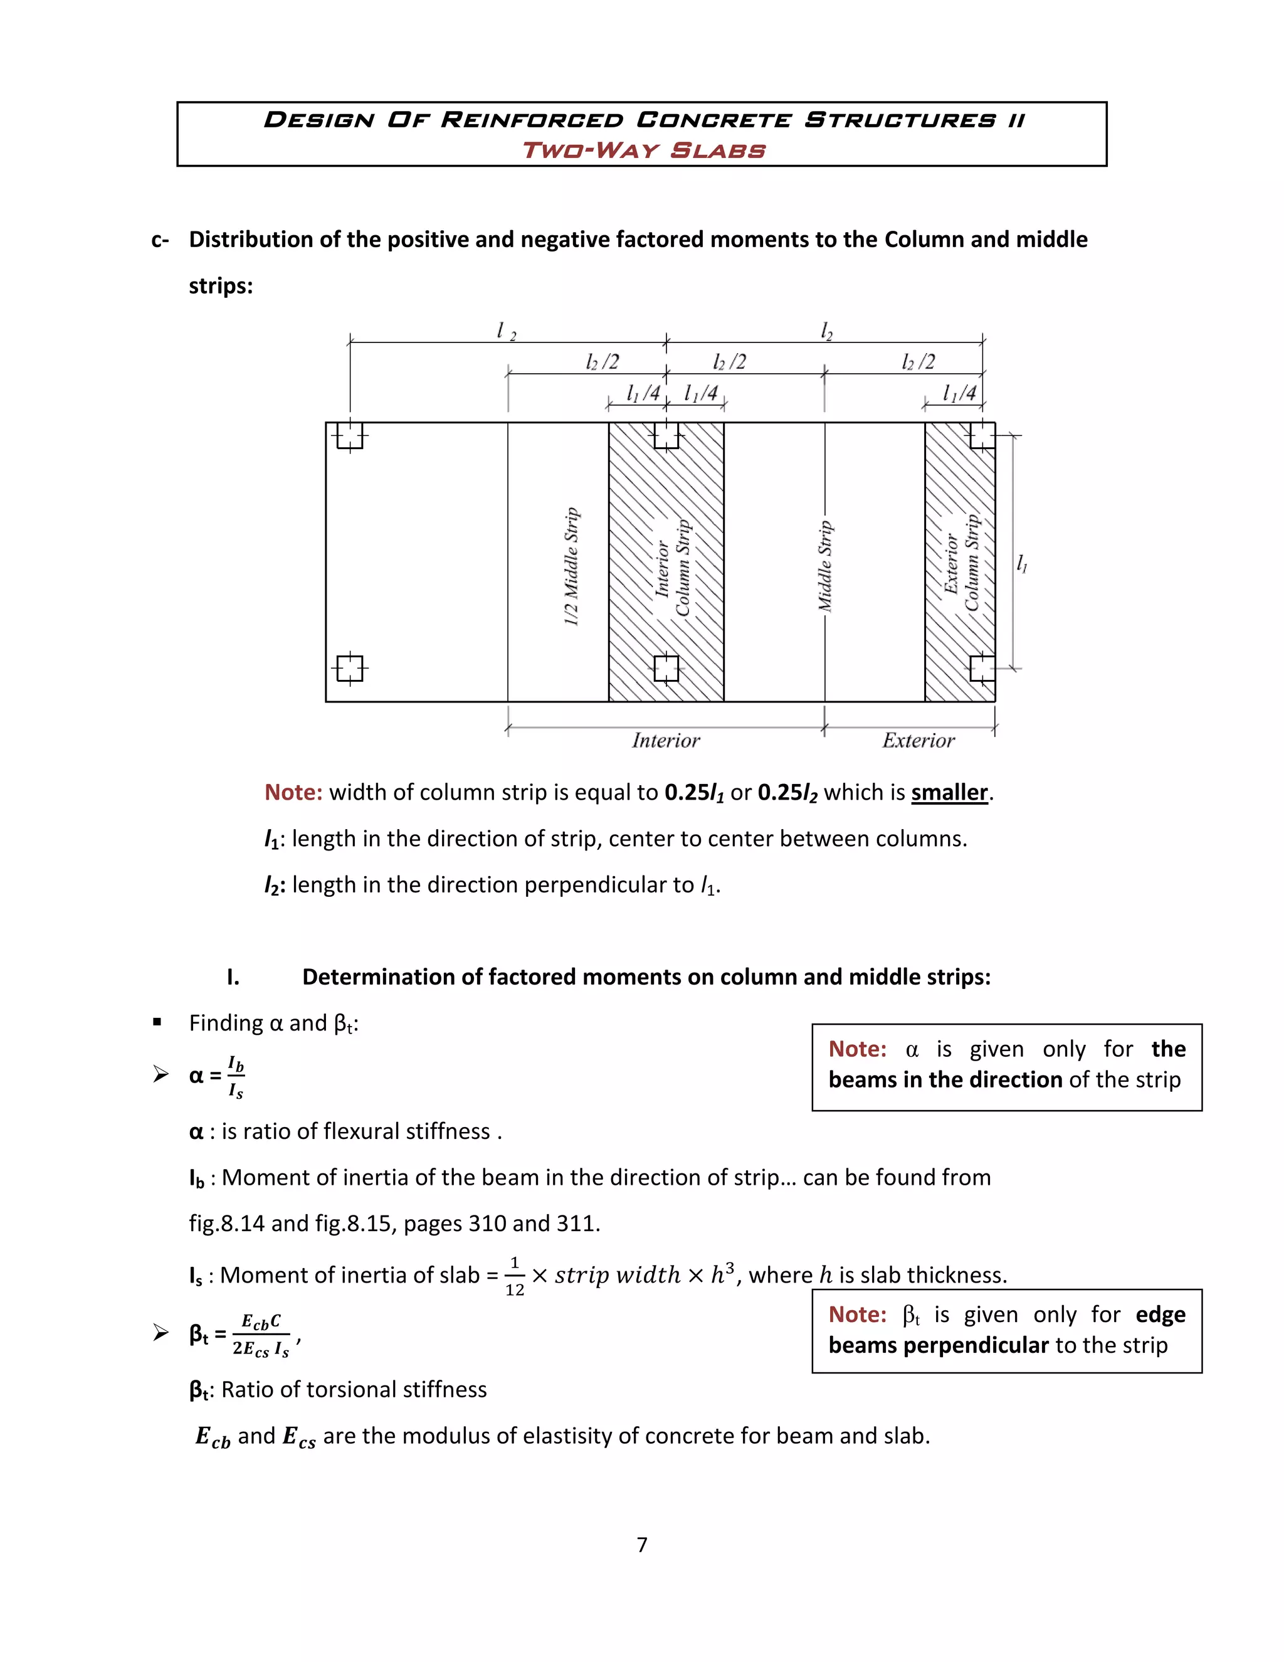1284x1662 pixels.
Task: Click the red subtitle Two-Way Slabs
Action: [x=643, y=150]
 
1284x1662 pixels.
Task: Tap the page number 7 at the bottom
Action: [x=642, y=1544]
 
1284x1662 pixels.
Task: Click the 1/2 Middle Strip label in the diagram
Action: [x=571, y=566]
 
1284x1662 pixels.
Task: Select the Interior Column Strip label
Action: [x=673, y=568]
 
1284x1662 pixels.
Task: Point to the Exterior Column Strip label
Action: [x=960, y=563]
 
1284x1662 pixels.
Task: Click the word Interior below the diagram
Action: [x=666, y=741]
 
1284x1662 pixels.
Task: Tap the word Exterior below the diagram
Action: [x=918, y=741]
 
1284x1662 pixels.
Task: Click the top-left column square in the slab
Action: [x=350, y=436]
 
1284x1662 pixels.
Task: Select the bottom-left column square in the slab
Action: [x=350, y=669]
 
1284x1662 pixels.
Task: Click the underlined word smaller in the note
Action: [x=949, y=792]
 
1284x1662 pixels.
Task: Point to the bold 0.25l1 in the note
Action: [x=694, y=792]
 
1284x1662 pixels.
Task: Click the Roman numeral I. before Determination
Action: [x=233, y=977]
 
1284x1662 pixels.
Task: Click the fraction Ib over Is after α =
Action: [x=236, y=1077]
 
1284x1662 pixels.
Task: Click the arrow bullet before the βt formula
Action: [x=160, y=1333]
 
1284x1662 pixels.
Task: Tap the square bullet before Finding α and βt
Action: [x=157, y=1022]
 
